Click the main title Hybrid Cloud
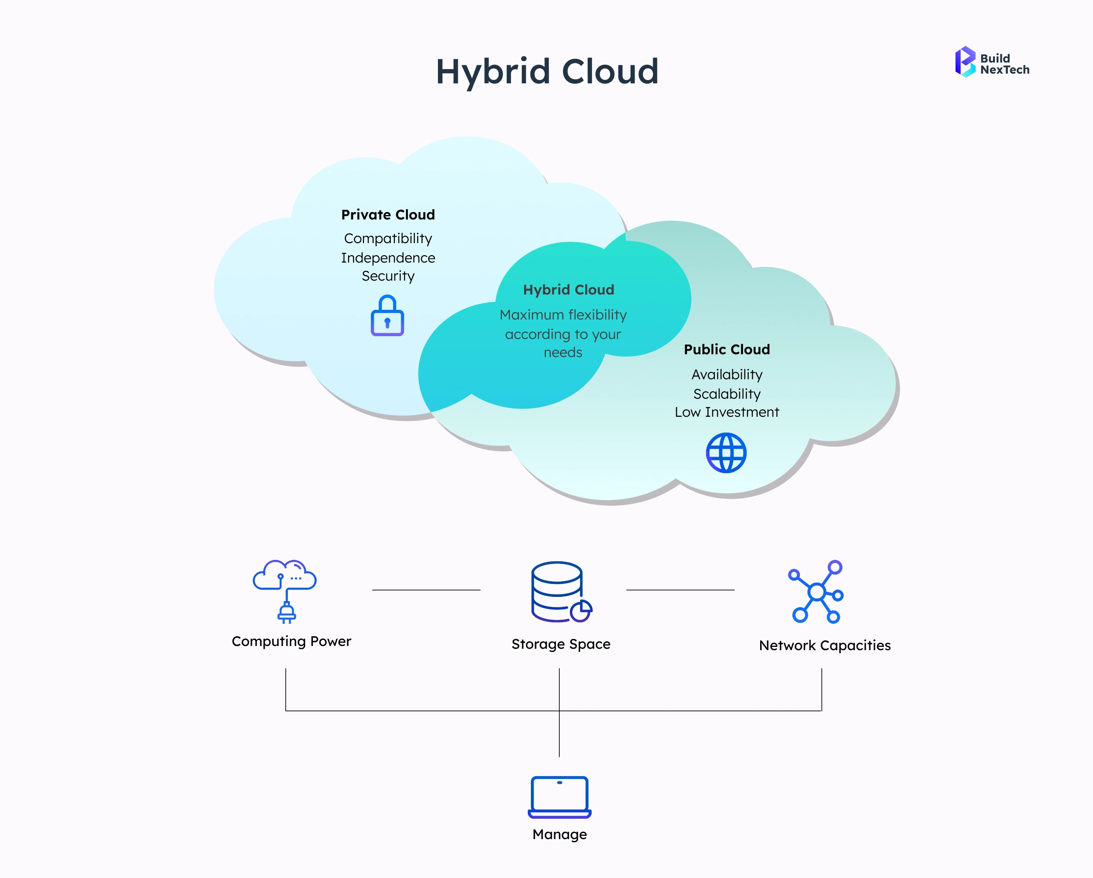point(547,71)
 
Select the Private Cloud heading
point(388,214)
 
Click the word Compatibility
point(388,238)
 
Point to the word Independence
point(388,257)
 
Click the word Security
point(388,276)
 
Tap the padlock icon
point(387,316)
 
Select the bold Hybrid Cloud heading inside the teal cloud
point(568,289)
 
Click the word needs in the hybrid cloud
point(563,352)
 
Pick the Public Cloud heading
point(726,350)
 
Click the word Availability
point(726,374)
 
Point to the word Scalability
point(726,394)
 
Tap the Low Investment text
point(726,412)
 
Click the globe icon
point(726,453)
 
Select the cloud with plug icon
point(285,591)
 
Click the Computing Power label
point(291,642)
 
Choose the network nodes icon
point(816,591)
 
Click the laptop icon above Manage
point(559,797)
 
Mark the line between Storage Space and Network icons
point(680,590)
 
